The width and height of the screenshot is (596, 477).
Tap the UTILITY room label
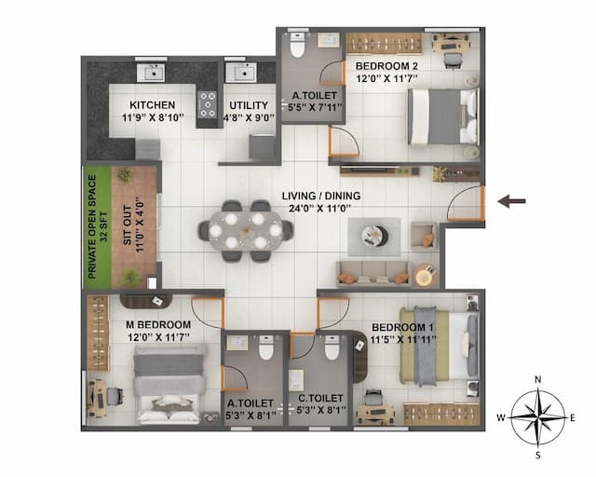[x=249, y=104]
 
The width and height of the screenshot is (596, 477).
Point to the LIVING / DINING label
[x=322, y=196]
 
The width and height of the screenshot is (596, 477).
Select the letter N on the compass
[x=538, y=379]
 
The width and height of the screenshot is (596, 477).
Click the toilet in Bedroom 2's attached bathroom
[x=297, y=45]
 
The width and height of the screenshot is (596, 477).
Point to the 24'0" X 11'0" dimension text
[x=322, y=211]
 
